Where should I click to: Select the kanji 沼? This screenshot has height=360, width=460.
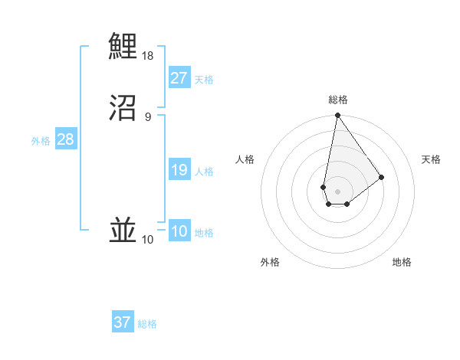click(x=123, y=108)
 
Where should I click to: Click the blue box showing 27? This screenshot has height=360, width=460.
click(x=179, y=78)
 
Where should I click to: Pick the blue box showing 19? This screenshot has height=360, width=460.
click(x=179, y=170)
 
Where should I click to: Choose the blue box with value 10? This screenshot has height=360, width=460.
click(x=179, y=231)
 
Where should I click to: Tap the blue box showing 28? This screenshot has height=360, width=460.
click(x=65, y=139)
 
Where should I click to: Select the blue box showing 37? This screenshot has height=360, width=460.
click(x=123, y=322)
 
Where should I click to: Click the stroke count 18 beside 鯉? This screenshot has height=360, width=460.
click(x=148, y=56)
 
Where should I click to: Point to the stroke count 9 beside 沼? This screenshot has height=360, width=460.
click(x=148, y=117)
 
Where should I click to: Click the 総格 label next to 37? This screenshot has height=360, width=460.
click(x=147, y=324)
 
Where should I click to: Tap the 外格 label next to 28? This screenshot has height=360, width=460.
click(x=41, y=141)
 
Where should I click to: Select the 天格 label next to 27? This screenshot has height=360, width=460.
click(x=204, y=80)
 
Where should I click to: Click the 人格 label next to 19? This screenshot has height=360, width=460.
click(x=204, y=172)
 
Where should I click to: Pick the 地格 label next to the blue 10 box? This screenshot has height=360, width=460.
click(x=204, y=233)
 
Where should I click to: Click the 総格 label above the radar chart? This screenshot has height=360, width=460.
click(x=337, y=100)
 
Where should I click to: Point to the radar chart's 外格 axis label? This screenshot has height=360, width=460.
click(x=270, y=263)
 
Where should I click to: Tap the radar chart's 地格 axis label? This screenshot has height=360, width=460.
click(x=402, y=263)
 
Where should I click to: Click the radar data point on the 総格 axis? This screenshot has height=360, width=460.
click(x=337, y=116)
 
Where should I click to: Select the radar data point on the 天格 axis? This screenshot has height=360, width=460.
click(x=381, y=178)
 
